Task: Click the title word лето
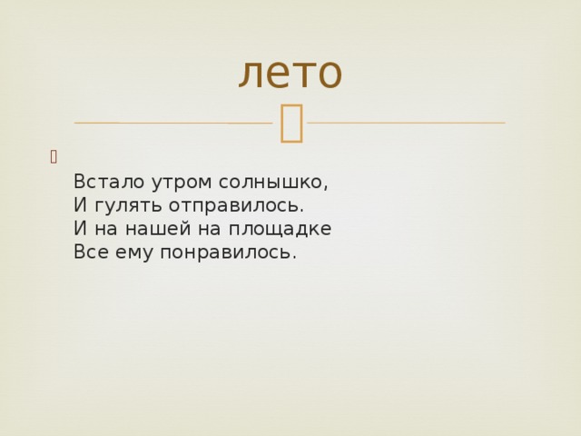(x=290, y=73)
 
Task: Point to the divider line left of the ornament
(x=172, y=123)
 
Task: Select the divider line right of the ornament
(x=406, y=122)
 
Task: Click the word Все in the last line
(x=91, y=253)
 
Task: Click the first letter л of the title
(x=250, y=74)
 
